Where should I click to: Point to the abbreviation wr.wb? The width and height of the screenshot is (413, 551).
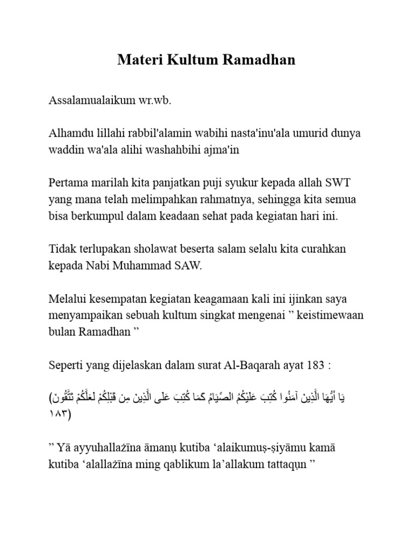click(x=156, y=101)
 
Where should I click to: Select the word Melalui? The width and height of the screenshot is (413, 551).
click(x=67, y=299)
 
